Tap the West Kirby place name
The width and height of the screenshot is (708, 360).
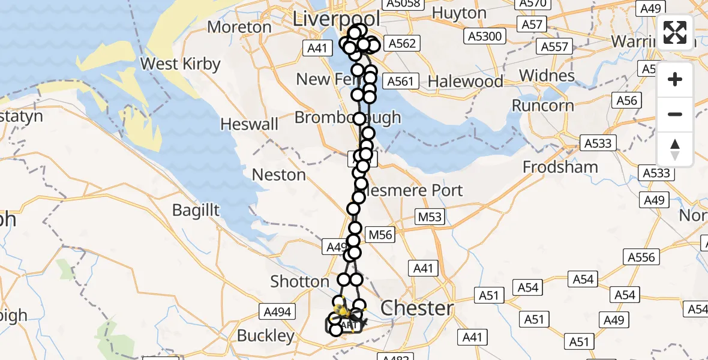(x=180, y=64)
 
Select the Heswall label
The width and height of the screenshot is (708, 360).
(x=250, y=124)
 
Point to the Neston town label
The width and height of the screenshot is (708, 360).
(x=279, y=175)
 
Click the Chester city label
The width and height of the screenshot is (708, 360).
(x=417, y=308)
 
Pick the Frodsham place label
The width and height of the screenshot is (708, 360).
(x=560, y=167)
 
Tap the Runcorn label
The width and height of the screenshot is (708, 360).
(x=543, y=106)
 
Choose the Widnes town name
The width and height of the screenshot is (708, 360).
(x=547, y=76)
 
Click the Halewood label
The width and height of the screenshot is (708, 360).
(x=466, y=81)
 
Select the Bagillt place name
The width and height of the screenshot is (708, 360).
(x=196, y=210)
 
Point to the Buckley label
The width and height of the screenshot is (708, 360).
(x=266, y=335)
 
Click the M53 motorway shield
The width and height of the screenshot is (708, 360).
(x=430, y=217)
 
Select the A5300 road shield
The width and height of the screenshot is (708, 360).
(x=484, y=37)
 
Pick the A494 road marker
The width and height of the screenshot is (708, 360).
(x=278, y=311)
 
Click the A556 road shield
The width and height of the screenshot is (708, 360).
(x=641, y=257)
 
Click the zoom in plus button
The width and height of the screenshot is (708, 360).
(x=675, y=79)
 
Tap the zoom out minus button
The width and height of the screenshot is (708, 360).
(x=675, y=114)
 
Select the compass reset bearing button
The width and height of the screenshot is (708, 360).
(x=675, y=149)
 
